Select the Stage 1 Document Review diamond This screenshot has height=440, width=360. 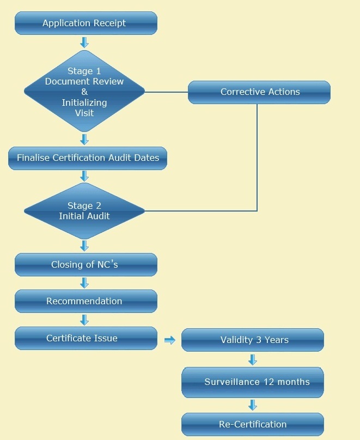(x=84, y=92)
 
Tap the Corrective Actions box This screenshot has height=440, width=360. (x=259, y=92)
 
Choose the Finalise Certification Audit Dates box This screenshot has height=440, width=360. (x=88, y=158)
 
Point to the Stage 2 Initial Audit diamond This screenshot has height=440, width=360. (x=84, y=210)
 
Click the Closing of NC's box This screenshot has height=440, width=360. (x=86, y=265)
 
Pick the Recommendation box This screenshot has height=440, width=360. (x=86, y=301)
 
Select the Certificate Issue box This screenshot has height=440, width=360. (x=86, y=339)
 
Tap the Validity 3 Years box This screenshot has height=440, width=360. (x=253, y=340)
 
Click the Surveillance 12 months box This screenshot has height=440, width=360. (x=253, y=382)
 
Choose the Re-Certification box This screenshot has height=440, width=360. (x=253, y=424)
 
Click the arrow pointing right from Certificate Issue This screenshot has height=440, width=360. (x=170, y=340)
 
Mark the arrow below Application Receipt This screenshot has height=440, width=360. (x=84, y=42)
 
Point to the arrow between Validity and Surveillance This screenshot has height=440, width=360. (x=253, y=359)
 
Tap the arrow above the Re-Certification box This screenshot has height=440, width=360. (x=253, y=405)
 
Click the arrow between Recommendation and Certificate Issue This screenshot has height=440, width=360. (x=84, y=320)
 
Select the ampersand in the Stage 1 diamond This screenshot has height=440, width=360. (x=84, y=92)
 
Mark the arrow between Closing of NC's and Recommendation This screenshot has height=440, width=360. (x=84, y=283)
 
